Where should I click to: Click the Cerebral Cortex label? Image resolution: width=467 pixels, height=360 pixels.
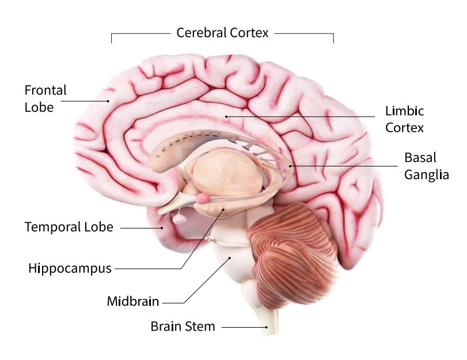[222, 33]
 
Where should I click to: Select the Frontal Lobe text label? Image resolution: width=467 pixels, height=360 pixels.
[45, 98]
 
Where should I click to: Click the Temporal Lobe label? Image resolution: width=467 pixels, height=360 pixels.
[69, 227]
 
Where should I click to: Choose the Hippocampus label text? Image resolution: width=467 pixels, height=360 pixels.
[69, 268]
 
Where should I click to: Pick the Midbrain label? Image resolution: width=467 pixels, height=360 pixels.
[132, 301]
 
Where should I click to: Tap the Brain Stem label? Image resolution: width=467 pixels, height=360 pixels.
[183, 327]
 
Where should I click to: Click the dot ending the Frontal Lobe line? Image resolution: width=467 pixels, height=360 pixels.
[108, 101]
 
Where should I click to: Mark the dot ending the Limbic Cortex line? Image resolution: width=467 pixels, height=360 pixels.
[226, 116]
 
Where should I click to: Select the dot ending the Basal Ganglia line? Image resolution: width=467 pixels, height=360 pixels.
[291, 166]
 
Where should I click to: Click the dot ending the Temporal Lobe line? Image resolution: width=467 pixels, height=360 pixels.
[162, 228]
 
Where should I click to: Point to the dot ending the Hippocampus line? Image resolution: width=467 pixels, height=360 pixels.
[222, 211]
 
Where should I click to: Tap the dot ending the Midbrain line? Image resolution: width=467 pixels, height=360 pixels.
[230, 258]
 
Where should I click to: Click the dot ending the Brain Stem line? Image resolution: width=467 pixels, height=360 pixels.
[267, 327]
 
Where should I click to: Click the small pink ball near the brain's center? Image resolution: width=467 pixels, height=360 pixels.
[203, 198]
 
